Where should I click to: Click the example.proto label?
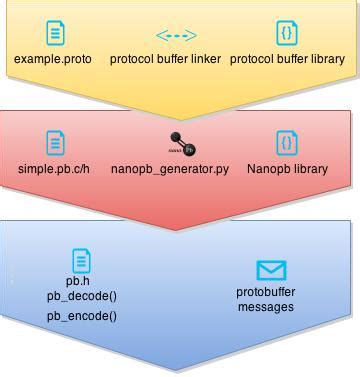tap(53, 59)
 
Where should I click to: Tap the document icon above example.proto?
tap(54, 34)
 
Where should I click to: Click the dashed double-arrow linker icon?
tap(176, 35)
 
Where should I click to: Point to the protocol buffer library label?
tap(287, 59)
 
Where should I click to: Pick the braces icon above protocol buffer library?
tap(287, 34)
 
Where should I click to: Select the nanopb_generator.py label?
tap(170, 169)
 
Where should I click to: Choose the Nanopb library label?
tap(287, 169)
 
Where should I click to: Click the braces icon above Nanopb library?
tap(287, 142)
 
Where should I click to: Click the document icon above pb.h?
tap(81, 260)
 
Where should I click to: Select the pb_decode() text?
tap(81, 297)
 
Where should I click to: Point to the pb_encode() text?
tap(81, 316)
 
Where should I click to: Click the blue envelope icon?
tap(271, 270)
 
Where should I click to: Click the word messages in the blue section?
tap(266, 307)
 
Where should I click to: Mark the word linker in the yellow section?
tap(205, 59)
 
